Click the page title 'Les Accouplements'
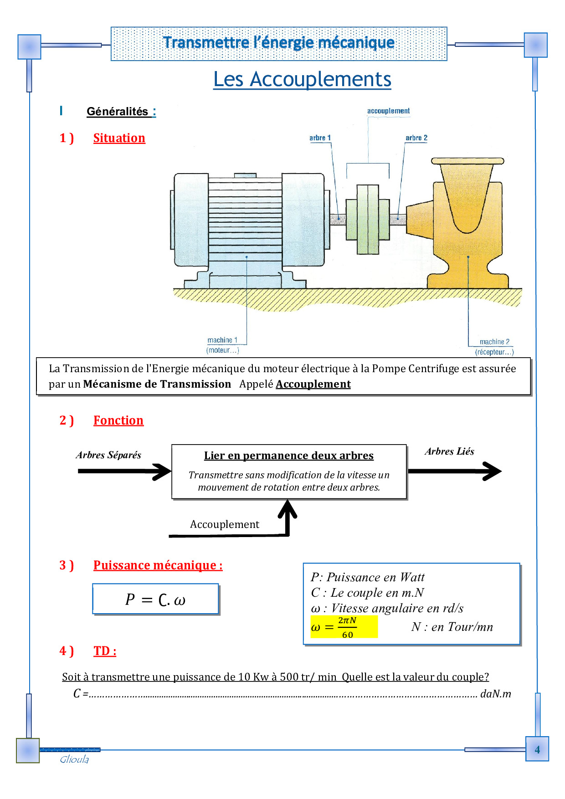coord(302,79)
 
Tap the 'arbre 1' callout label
coord(320,138)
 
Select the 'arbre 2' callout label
coord(416,138)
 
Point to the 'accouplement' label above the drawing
coord(388,111)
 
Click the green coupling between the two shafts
coord(368,219)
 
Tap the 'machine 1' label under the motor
coord(222,340)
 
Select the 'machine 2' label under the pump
coord(494,342)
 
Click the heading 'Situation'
coord(119,138)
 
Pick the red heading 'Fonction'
coord(118,420)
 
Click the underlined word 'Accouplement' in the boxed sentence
coord(313,384)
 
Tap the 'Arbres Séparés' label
coord(108,455)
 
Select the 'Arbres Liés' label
coord(449,451)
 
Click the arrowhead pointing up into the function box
coord(288,508)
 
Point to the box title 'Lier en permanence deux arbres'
coord(288,456)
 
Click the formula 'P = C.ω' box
coord(155,599)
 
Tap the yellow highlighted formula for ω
coord(344,627)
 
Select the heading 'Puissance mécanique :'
coord(158,565)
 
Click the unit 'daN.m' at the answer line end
coord(496,694)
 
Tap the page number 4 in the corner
coord(537,749)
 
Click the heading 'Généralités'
coord(118,112)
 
